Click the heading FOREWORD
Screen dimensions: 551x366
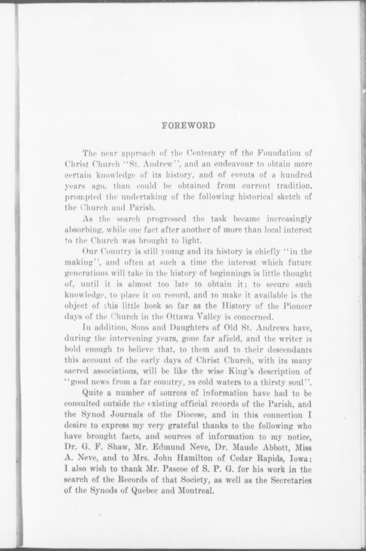[188, 126]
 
